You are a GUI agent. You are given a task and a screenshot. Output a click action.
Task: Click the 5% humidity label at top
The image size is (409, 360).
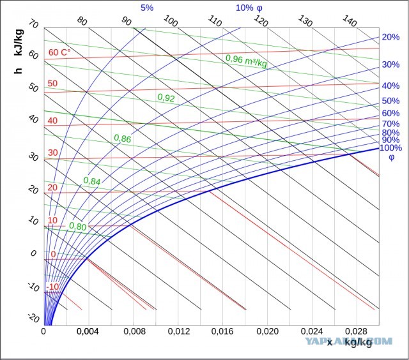(x=147, y=8)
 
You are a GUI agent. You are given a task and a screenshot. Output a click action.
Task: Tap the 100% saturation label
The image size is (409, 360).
(x=390, y=147)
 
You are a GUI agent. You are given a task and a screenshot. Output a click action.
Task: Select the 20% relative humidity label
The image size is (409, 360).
(x=390, y=37)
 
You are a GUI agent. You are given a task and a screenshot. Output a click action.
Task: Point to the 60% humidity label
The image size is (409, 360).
(x=390, y=114)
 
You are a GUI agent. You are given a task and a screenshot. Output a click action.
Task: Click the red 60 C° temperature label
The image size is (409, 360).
(x=59, y=52)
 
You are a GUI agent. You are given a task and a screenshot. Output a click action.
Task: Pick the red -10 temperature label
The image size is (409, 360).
(x=52, y=287)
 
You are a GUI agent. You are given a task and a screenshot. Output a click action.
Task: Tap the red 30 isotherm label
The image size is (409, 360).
(x=52, y=153)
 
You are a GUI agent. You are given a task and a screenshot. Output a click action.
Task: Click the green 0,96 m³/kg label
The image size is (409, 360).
(x=246, y=61)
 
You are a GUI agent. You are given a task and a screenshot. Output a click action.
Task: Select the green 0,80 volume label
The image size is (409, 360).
(x=78, y=226)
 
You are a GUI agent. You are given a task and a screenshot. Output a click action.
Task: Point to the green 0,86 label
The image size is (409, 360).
(x=122, y=139)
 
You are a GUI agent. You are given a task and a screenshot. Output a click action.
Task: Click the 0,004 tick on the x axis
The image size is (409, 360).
(x=88, y=331)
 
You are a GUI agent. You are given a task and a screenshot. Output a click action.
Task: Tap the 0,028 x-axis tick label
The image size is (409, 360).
(x=357, y=331)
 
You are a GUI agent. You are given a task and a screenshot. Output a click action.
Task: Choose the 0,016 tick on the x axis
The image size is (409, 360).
(x=222, y=331)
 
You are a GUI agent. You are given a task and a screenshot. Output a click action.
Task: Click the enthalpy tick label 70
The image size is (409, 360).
(x=34, y=24)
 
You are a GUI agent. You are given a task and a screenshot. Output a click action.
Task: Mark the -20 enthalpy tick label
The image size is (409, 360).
(x=33, y=318)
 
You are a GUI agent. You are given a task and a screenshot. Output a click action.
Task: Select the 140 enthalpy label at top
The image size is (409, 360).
(x=349, y=20)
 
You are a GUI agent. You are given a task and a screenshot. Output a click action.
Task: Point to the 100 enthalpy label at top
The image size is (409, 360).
(x=171, y=20)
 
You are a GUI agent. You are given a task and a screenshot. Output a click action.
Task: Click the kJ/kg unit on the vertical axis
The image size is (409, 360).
(x=19, y=42)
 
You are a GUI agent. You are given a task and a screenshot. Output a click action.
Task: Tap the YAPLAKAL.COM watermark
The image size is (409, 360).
(x=348, y=341)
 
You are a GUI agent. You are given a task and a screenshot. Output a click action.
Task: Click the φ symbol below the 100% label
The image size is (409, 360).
(x=392, y=157)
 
